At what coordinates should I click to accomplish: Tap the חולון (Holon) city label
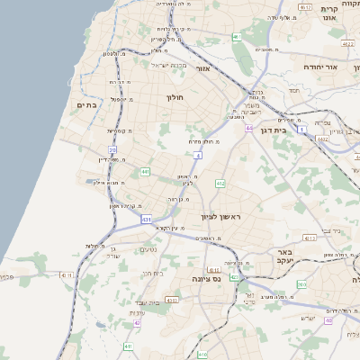[175, 96]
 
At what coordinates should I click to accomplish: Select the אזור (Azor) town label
[202, 68]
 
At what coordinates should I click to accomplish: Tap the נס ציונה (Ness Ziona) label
[207, 279]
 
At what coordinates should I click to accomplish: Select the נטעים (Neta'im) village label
[151, 251]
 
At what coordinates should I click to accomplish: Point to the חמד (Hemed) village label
[293, 90]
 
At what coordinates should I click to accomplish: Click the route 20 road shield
[112, 150]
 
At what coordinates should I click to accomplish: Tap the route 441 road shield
[145, 170]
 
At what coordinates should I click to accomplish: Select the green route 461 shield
[236, 37]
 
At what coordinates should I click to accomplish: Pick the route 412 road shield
[220, 184]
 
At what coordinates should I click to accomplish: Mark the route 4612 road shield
[306, 7]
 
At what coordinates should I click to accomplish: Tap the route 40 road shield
[329, 320]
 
